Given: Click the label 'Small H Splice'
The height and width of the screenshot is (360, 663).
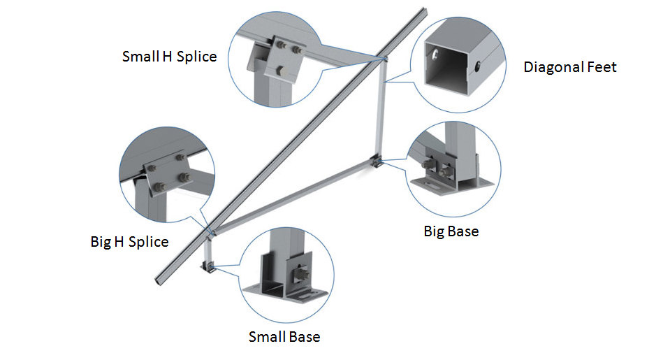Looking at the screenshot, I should point(169,56).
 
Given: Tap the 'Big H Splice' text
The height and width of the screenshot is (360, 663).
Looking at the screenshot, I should point(129,242).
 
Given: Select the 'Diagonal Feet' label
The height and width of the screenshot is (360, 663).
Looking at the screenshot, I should point(570,67).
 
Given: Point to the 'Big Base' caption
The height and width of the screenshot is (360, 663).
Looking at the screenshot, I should point(451,231).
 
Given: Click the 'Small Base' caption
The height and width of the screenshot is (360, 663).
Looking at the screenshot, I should point(284,337).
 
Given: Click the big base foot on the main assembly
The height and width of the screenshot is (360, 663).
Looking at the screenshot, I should point(376,163).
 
